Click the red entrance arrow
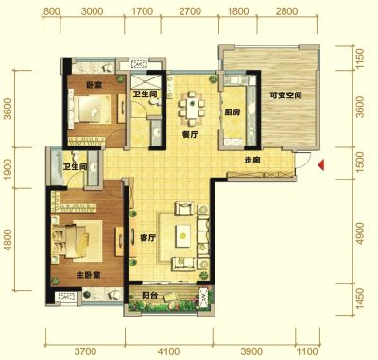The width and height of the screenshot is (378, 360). [321, 165]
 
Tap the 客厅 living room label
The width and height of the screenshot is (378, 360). [147, 238]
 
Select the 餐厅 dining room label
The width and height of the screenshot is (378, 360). [190, 135]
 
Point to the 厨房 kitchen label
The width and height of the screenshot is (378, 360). [232, 112]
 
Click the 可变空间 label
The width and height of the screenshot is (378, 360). [285, 95]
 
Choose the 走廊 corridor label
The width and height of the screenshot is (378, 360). [252, 161]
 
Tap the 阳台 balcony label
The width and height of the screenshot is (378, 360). [149, 296]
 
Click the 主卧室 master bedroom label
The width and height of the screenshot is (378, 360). [89, 275]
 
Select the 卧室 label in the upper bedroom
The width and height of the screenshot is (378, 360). [94, 85]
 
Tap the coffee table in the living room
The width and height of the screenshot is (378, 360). [182, 235]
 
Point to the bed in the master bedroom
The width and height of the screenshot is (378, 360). [77, 241]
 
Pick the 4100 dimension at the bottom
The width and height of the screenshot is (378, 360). [169, 351]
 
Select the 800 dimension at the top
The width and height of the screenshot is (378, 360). [51, 11]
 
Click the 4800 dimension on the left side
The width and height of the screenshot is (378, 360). [8, 240]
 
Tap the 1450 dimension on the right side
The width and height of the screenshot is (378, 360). [360, 299]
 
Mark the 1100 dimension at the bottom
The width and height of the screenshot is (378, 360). [307, 351]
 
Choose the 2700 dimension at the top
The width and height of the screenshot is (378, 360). [190, 11]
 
